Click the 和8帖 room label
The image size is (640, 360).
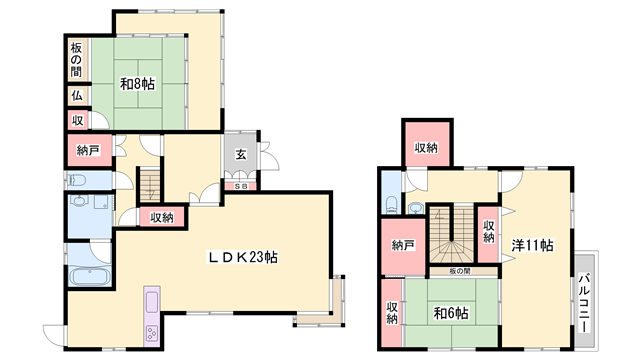point(139,84)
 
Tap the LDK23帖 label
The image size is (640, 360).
point(242,257)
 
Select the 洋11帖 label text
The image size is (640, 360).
point(533,244)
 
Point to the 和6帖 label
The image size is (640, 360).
point(450,314)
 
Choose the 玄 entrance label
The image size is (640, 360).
point(242,154)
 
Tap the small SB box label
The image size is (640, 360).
point(241,186)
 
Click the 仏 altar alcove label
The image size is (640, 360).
point(76,97)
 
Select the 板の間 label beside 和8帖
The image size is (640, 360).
point(76,61)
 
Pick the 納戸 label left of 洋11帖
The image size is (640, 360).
point(403,246)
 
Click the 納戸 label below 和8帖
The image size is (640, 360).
point(88,152)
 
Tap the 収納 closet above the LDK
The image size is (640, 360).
point(162,217)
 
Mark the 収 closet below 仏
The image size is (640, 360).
point(76,120)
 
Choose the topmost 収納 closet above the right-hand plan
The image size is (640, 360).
point(427,148)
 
